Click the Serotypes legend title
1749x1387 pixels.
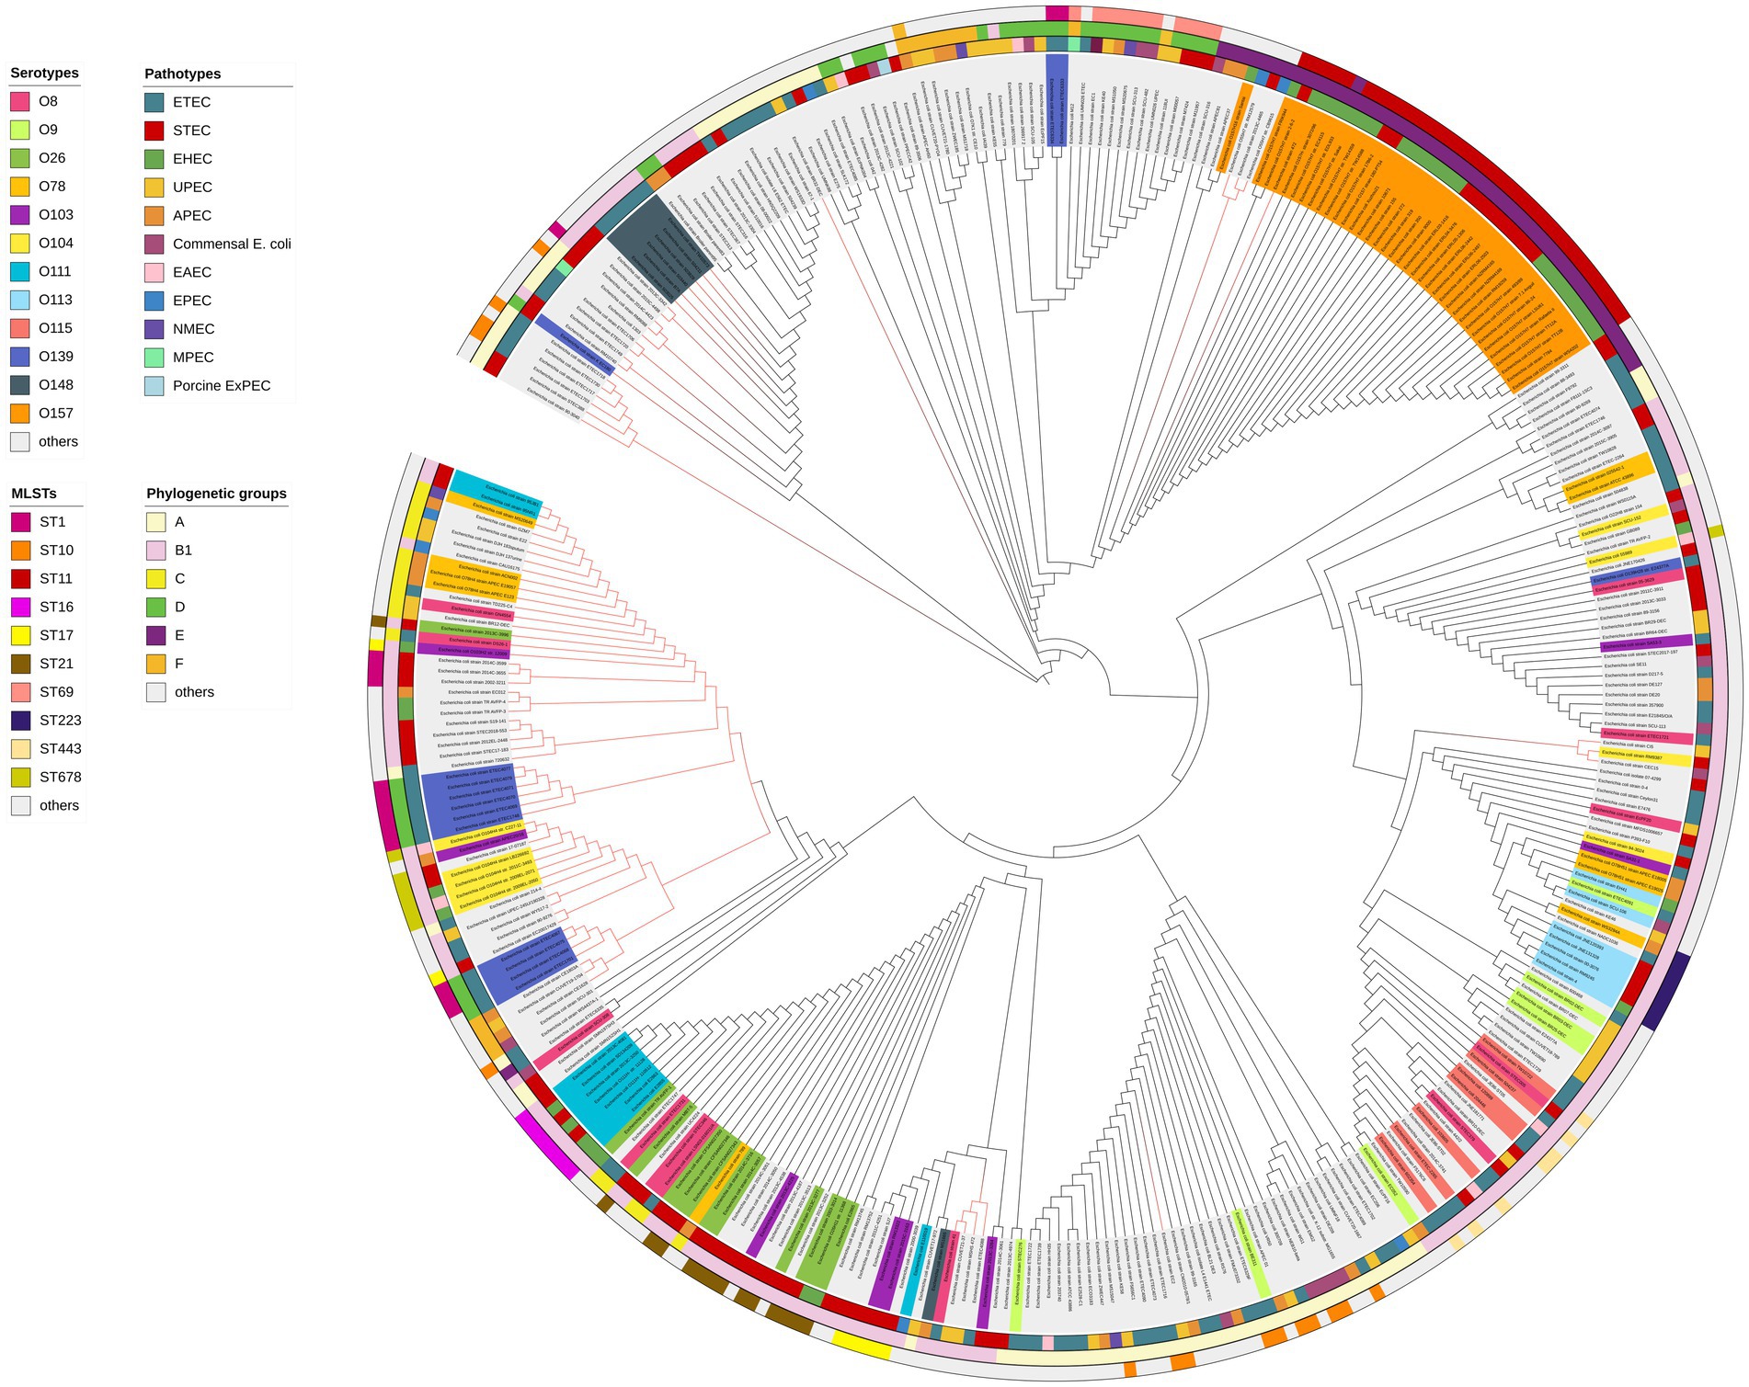coord(44,74)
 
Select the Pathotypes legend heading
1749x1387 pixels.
coord(182,74)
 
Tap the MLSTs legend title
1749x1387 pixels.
coord(34,494)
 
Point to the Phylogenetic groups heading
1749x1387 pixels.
coord(216,494)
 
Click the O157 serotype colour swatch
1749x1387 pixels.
coord(20,414)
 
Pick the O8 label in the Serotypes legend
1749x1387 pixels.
coord(48,101)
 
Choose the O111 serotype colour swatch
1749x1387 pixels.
coord(20,271)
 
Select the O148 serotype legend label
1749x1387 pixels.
coord(56,385)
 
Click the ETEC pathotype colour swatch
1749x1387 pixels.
coord(154,102)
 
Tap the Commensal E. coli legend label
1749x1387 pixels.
coord(232,244)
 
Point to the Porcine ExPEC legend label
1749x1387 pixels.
coord(222,386)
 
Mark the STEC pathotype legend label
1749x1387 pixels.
coord(191,131)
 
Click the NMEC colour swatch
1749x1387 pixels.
coord(154,329)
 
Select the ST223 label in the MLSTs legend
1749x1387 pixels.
coord(60,721)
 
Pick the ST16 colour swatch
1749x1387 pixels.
coord(20,607)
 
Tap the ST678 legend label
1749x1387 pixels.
coord(60,777)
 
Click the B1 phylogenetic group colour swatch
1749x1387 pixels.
coord(156,551)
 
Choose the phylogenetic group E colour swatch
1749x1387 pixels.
coord(156,635)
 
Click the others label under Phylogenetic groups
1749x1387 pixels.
coord(194,692)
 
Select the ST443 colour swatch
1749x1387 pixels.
coord(20,748)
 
